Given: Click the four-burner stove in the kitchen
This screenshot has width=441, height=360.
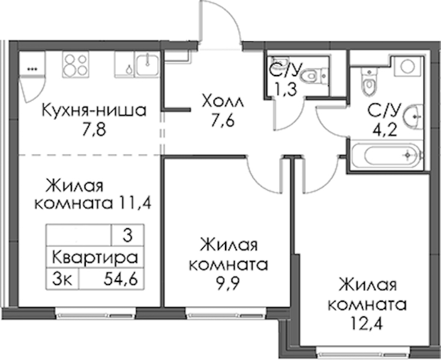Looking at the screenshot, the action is (76, 64).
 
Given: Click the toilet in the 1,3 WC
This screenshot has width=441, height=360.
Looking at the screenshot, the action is (313, 76).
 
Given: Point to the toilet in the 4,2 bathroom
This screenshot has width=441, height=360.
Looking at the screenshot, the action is (368, 82).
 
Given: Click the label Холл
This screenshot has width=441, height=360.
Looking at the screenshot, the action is (223, 101).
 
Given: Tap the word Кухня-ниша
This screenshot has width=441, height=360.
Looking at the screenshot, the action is (94, 110).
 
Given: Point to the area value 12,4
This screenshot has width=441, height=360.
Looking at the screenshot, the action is (367, 324).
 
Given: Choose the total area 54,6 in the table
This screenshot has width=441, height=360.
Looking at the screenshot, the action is (121, 279).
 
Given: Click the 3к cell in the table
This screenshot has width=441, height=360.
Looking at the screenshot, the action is (62, 279).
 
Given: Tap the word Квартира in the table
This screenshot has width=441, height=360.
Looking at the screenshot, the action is (95, 257).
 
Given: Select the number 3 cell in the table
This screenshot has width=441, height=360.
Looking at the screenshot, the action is (127, 235).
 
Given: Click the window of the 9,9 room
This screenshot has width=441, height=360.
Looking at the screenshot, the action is (226, 313).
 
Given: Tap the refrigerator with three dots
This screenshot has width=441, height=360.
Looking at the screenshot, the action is (32, 64).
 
